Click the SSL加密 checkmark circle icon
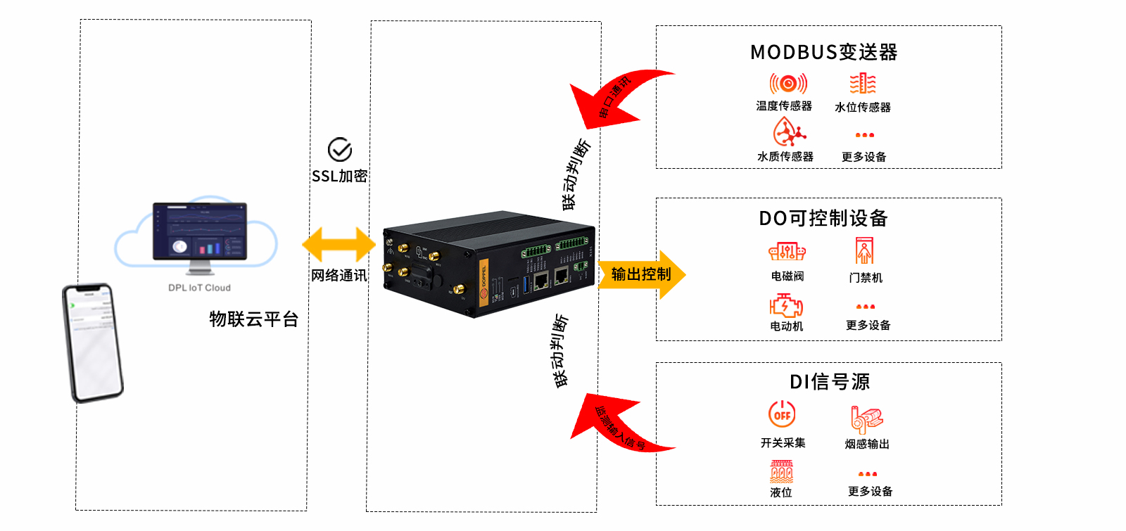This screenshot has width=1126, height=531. [340, 150]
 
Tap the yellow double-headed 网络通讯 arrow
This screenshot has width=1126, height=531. [339, 244]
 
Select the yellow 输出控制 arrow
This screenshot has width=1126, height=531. [641, 274]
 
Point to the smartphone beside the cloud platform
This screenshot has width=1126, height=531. [93, 343]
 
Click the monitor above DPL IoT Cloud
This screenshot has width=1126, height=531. [200, 232]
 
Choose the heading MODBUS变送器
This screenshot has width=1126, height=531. [823, 52]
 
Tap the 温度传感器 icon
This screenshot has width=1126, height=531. [787, 84]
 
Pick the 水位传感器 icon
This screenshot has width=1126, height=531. [862, 84]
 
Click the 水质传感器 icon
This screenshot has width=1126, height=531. [788, 132]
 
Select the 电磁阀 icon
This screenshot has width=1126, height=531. [787, 251]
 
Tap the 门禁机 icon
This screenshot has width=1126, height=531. [864, 251]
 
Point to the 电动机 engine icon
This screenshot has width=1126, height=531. [786, 305]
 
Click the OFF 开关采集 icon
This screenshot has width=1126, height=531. [782, 414]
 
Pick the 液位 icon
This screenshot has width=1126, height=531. [781, 471]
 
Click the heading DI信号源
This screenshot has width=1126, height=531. [829, 382]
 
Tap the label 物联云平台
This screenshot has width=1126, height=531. [253, 319]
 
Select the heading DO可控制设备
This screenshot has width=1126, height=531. [823, 218]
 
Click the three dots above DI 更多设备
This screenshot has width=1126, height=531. [867, 474]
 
